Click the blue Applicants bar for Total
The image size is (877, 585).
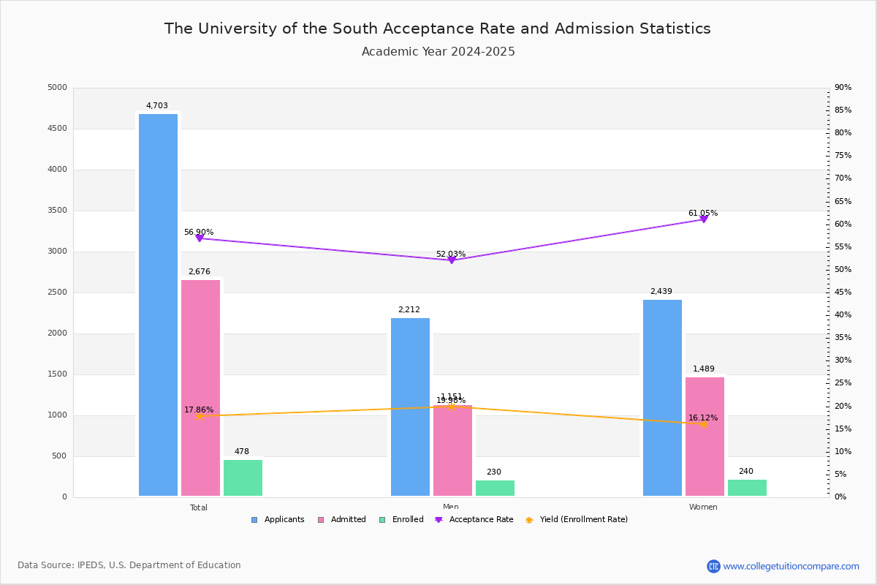pyautogui.click(x=158, y=305)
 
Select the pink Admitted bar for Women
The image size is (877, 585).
pyautogui.click(x=705, y=437)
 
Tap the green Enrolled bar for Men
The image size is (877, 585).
pyautogui.click(x=495, y=488)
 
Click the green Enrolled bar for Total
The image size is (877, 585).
pyautogui.click(x=243, y=478)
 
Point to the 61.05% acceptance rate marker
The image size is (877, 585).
pyautogui.click(x=703, y=219)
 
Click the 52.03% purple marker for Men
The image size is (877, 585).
pyautogui.click(x=451, y=260)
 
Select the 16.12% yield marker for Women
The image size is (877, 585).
pyautogui.click(x=703, y=424)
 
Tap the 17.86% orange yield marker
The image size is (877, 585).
pyautogui.click(x=199, y=416)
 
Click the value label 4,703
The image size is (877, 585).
pyautogui.click(x=156, y=106)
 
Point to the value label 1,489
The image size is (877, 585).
pyautogui.click(x=704, y=369)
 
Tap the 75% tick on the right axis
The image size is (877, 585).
pyautogui.click(x=843, y=156)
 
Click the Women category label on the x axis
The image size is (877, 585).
pyautogui.click(x=703, y=507)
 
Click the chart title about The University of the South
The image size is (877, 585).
pyautogui.click(x=437, y=29)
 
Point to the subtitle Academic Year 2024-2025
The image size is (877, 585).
pyautogui.click(x=438, y=52)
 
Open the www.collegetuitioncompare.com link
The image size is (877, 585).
pyautogui.click(x=791, y=566)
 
